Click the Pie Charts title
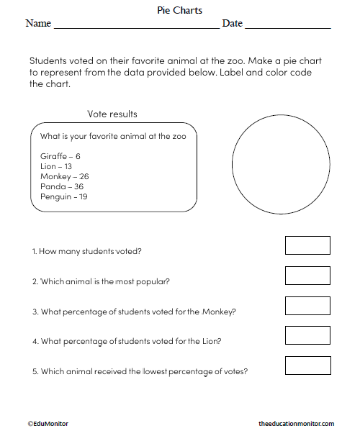(179, 11)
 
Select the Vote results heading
(112, 114)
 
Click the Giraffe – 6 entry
(60, 156)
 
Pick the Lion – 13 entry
(57, 166)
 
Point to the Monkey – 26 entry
(65, 176)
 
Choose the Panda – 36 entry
(62, 186)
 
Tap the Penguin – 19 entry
(65, 196)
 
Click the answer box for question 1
(307, 245)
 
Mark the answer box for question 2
(307, 276)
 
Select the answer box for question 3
(307, 306)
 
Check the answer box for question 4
(307, 335)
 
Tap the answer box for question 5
(307, 366)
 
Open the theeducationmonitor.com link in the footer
(296, 424)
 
